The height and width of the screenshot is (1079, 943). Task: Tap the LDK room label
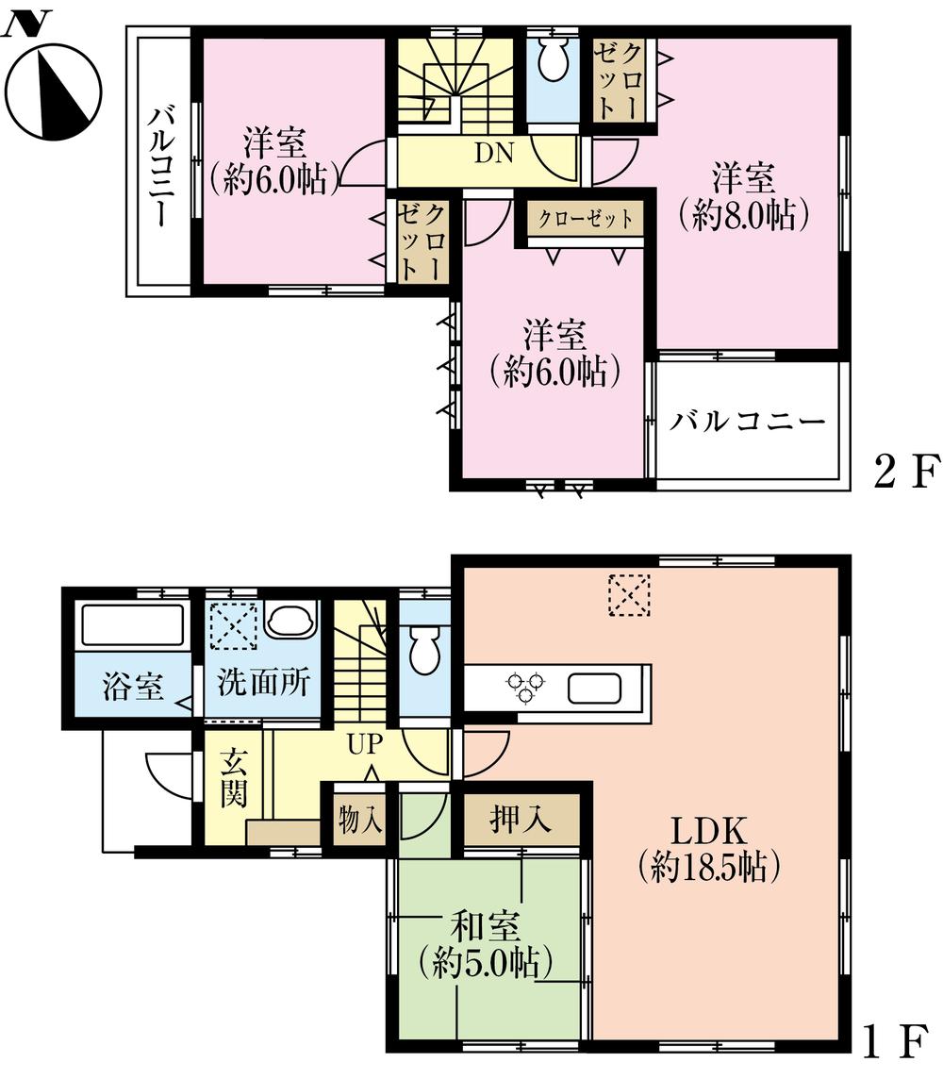(708, 849)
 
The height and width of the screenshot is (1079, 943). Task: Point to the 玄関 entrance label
(234, 779)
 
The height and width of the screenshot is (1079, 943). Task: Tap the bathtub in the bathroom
(133, 626)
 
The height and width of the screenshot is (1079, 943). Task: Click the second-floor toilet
(550, 64)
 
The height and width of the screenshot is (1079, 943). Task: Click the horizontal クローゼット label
(586, 220)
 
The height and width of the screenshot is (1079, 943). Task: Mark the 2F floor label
(906, 470)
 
